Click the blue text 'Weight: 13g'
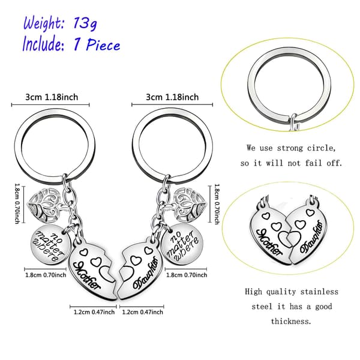[60, 23]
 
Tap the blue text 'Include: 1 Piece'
[71, 44]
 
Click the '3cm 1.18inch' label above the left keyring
[52, 97]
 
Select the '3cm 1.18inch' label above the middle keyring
[172, 97]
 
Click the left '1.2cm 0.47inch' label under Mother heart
[94, 312]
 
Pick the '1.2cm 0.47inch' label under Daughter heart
[143, 312]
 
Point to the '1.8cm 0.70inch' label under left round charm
[46, 275]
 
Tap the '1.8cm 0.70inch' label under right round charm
[187, 275]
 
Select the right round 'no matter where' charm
[182, 244]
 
